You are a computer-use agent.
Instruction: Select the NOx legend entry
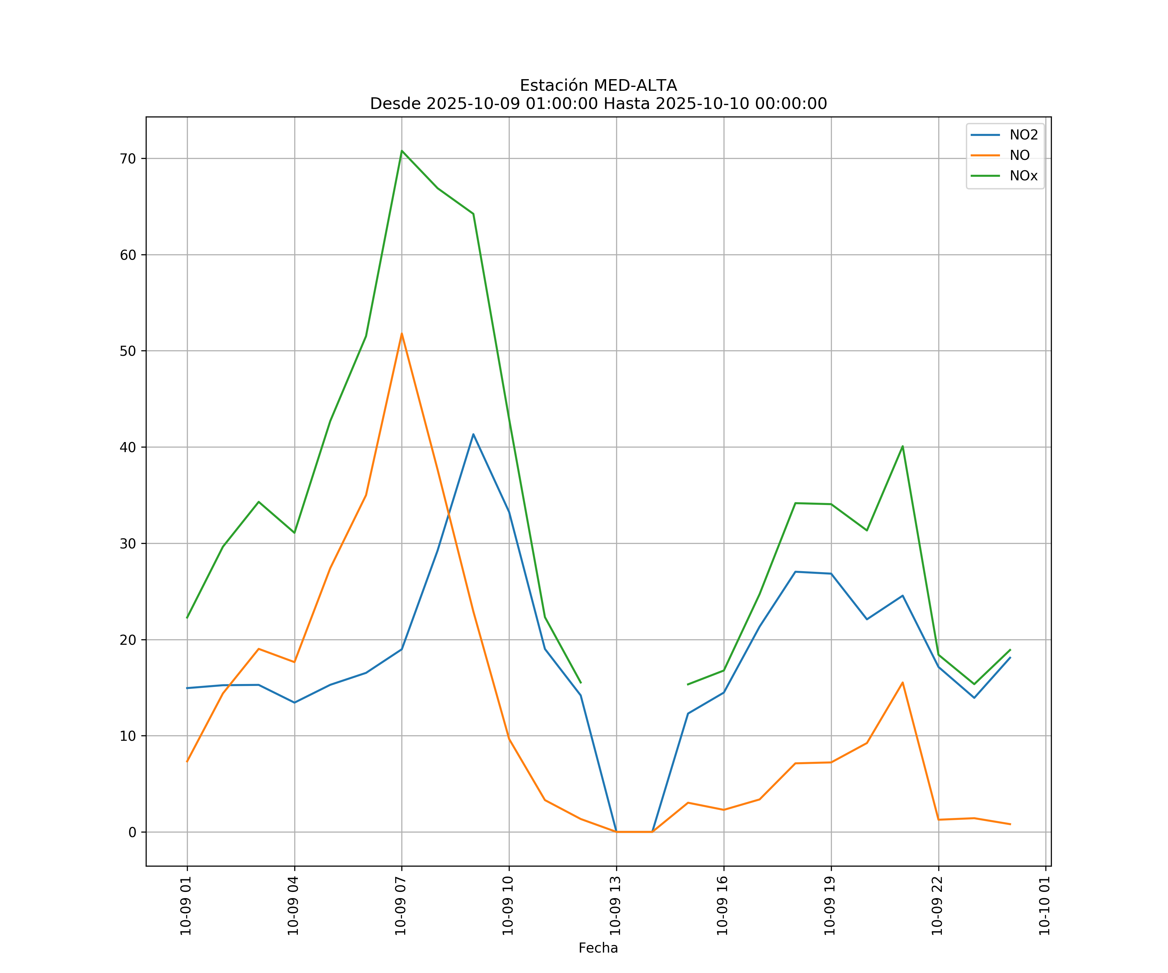(1023, 176)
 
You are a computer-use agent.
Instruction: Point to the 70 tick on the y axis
(128, 159)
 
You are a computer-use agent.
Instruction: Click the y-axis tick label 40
(128, 447)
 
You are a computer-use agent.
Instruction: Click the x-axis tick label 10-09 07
(400, 906)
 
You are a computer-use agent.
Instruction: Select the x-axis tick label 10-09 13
(615, 906)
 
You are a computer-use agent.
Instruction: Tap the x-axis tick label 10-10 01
(1044, 906)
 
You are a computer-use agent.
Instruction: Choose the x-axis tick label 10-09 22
(937, 906)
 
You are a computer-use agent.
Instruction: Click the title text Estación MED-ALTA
(598, 86)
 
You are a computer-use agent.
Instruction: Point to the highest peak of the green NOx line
(402, 151)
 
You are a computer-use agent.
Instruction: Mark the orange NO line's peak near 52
(402, 334)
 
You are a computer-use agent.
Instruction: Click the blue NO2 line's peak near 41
(473, 434)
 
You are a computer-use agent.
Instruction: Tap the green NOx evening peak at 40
(903, 446)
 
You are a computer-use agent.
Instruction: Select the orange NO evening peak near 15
(903, 682)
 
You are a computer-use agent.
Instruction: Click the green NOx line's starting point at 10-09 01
(188, 618)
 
